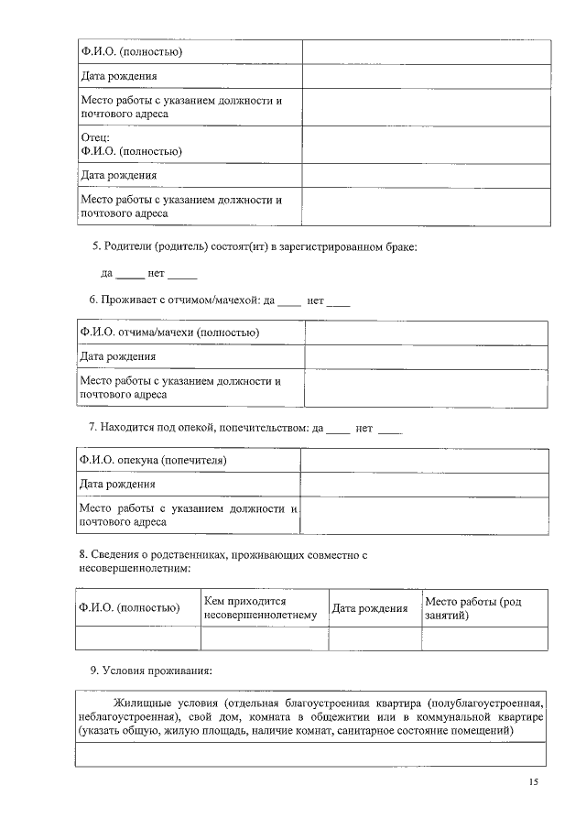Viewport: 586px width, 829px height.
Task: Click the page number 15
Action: (533, 781)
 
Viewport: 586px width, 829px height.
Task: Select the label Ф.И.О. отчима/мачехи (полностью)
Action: (169, 333)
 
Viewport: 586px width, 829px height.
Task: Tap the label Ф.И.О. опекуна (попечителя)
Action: (153, 460)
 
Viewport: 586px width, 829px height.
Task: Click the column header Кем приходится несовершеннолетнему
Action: (261, 607)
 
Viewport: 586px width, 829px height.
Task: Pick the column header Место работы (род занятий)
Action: (472, 607)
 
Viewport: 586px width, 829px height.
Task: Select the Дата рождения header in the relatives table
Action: (369, 608)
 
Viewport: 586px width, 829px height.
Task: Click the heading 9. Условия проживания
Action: (150, 671)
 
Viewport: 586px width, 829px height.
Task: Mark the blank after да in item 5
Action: (129, 274)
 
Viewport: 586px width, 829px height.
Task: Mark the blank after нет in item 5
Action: (182, 274)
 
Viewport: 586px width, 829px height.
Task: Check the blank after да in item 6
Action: (288, 300)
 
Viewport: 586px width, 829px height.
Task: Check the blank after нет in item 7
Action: (390, 428)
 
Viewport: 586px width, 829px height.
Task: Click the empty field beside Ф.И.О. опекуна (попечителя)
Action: (424, 460)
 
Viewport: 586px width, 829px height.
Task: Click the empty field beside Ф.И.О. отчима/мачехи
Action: (426, 333)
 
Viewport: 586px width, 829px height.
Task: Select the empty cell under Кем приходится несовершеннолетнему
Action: (264, 638)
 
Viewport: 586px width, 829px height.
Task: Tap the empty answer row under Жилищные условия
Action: (310, 755)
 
